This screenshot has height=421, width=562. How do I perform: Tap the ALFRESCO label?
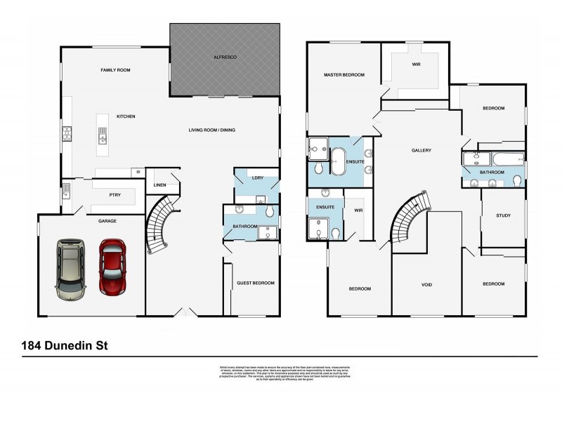coord(226,55)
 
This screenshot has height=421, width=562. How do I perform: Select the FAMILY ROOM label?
coord(115,70)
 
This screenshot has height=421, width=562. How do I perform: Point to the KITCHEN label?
coord(126,116)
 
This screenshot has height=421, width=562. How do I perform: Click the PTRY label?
coord(116,195)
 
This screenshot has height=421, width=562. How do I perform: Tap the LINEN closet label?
coord(159,185)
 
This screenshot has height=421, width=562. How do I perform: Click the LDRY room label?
coord(257,178)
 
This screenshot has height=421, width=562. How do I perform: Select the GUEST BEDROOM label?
coord(256,283)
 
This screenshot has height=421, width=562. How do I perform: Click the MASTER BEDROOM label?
coord(344,74)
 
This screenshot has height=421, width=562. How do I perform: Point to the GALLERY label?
coord(421,150)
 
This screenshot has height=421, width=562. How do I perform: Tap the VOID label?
coord(426,284)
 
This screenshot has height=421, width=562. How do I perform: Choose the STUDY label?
coord(503,215)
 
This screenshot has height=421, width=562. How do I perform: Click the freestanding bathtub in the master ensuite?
coord(339,161)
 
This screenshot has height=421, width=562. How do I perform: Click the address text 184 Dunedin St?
coord(60,345)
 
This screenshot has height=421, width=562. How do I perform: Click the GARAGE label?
coord(107,220)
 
